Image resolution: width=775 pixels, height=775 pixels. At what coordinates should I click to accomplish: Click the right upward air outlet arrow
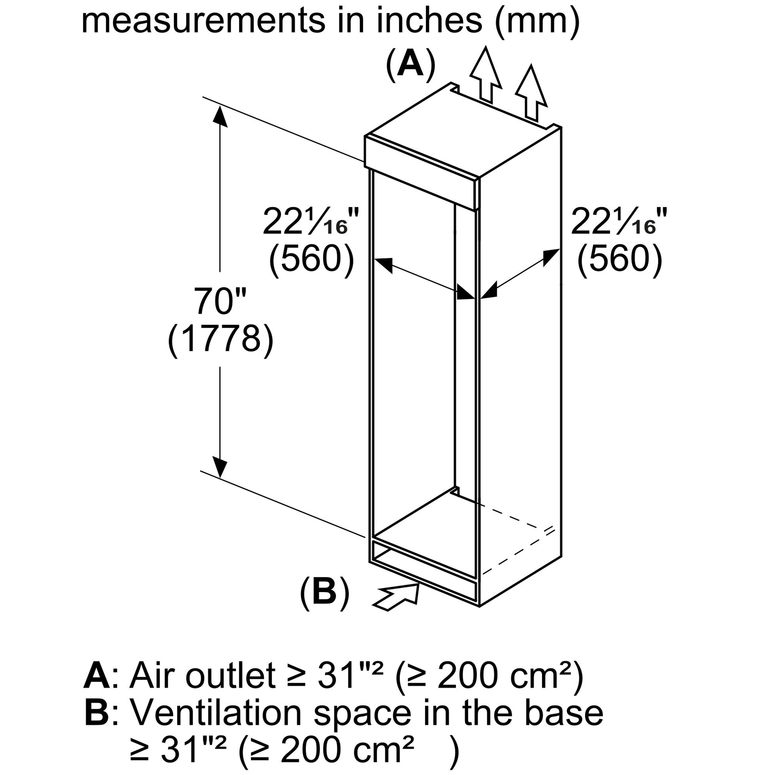click(531, 93)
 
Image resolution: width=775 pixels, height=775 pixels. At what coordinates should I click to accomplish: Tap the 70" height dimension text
click(220, 301)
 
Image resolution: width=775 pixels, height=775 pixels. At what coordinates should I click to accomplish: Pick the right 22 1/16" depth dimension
click(619, 221)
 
